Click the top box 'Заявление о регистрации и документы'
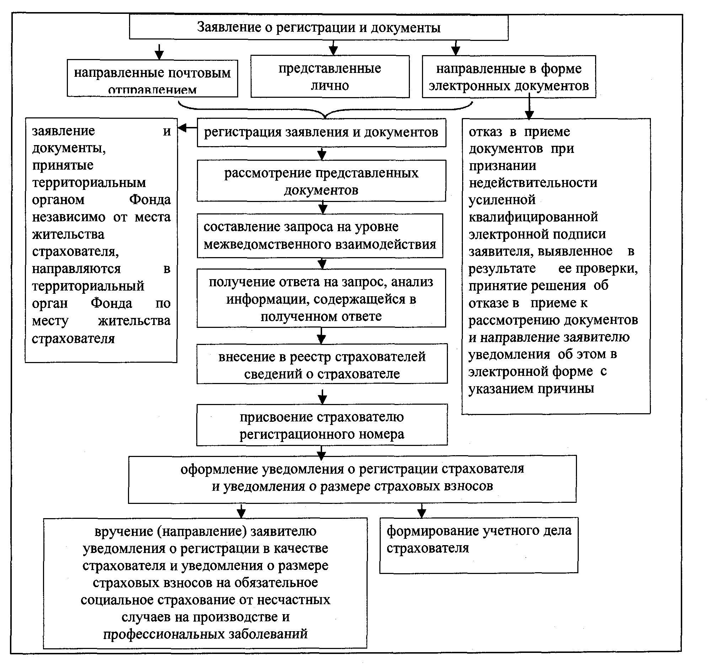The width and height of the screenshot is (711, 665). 318,27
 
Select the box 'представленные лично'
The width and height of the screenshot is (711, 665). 330,76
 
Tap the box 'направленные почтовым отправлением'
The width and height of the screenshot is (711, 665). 153,78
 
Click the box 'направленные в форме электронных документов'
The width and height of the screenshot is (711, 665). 509,76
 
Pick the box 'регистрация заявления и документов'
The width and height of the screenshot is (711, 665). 321,132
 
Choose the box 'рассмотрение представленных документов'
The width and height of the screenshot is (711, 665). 321,181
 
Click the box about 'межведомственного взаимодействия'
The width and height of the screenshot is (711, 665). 320,235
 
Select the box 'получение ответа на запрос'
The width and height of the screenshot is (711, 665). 321,298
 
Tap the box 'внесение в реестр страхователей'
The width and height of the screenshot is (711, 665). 322,365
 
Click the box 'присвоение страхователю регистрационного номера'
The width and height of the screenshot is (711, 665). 322,425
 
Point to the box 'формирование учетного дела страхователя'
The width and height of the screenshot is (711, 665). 479,544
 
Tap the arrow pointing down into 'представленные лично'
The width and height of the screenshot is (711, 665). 333,48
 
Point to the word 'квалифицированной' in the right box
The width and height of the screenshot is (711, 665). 533,217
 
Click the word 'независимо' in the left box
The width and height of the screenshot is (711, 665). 69,217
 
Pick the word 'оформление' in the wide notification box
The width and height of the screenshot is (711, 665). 219,469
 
